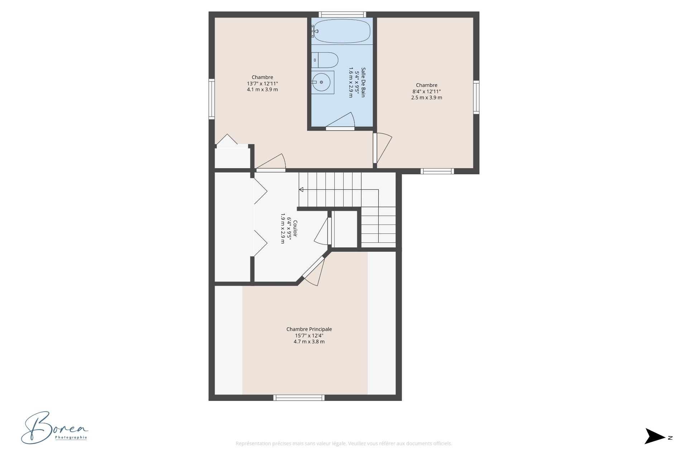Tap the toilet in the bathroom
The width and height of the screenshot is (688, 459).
tap(325, 60)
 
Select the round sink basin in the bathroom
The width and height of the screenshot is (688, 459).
tap(321, 82)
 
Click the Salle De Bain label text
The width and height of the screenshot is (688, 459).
tap(363, 82)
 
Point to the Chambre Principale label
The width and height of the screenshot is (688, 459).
tap(309, 329)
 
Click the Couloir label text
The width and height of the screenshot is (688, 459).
tap(295, 228)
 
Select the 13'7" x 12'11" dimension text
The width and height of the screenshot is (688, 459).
tap(262, 84)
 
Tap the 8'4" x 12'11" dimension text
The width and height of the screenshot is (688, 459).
tap(426, 91)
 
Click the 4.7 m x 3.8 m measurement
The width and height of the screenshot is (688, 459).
tap(309, 342)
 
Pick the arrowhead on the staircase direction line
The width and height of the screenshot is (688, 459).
tap(301, 189)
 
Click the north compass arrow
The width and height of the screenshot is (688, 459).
tap(655, 436)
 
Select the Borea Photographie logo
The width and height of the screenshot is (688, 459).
tap(54, 427)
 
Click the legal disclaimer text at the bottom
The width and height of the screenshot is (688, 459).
tap(344, 444)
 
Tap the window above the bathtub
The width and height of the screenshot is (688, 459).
tap(342, 14)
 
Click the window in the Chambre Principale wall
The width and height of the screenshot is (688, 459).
tap(299, 397)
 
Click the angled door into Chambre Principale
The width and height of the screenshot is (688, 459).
tap(313, 270)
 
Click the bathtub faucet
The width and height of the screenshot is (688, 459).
tap(314, 31)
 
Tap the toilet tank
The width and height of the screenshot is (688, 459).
tap(315, 60)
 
